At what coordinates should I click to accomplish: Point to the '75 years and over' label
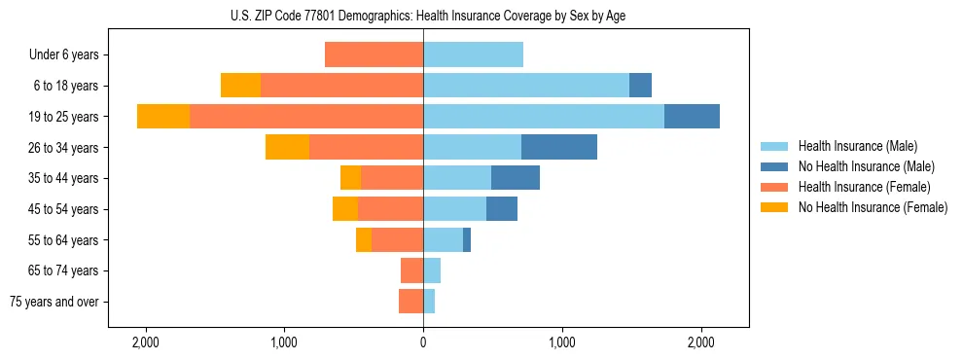[54, 302]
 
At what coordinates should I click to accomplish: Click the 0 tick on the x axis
[423, 343]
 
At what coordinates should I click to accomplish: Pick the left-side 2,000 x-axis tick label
[145, 343]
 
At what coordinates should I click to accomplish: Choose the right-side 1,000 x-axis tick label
[562, 343]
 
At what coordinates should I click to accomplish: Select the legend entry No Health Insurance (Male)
[866, 166]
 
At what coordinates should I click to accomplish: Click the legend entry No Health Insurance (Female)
[873, 207]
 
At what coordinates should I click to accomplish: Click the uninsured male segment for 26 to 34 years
[558, 147]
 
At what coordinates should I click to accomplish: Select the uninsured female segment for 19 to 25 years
[163, 117]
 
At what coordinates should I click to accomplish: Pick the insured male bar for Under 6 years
[473, 54]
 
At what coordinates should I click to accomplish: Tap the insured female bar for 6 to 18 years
[341, 86]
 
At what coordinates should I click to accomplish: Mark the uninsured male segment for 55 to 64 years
[467, 239]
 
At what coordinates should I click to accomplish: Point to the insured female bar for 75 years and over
[410, 302]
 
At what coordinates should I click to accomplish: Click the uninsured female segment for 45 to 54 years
[345, 209]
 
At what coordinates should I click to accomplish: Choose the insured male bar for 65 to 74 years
[432, 270]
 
